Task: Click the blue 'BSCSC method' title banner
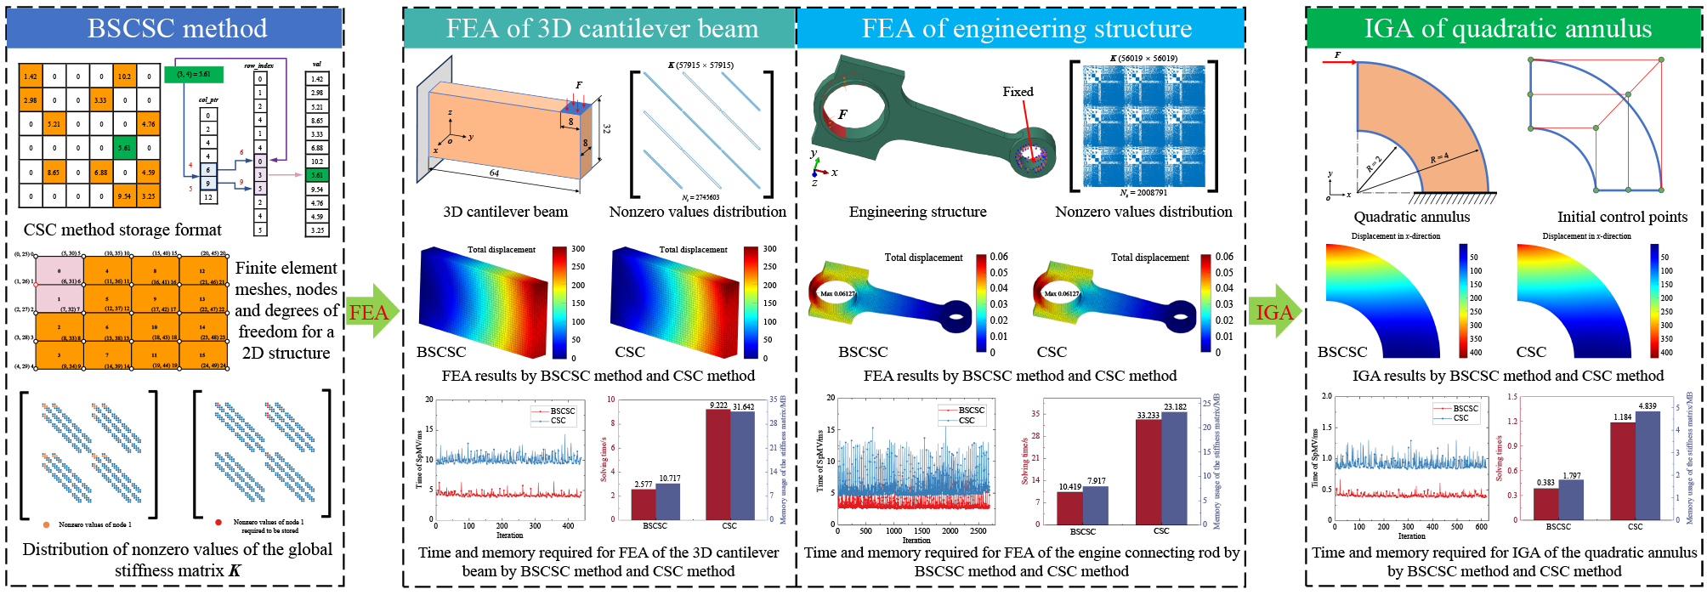click(176, 29)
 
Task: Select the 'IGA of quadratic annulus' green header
click(1507, 29)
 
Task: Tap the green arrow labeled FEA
click(371, 312)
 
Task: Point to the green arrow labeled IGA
click(1275, 312)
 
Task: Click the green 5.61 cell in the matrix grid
click(124, 147)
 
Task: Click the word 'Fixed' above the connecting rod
click(1018, 92)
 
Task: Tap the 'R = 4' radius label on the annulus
click(1439, 158)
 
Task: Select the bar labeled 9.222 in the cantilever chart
click(717, 464)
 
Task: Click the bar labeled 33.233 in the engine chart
click(1148, 472)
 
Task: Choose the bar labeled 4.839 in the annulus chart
click(1647, 465)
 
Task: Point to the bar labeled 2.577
click(643, 504)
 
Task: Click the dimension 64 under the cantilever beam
click(494, 173)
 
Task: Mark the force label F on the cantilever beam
click(579, 85)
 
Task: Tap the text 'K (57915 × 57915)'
click(700, 65)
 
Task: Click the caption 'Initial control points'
click(1622, 217)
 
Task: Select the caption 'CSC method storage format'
click(122, 229)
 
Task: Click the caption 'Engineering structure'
click(917, 212)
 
